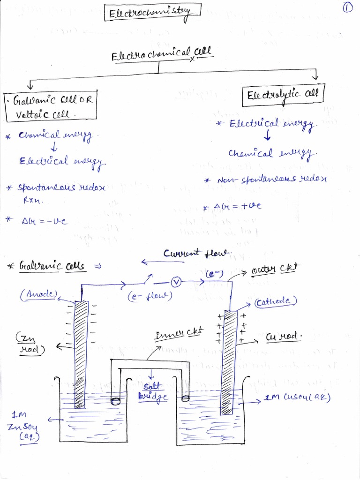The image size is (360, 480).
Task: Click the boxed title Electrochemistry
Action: pyautogui.click(x=152, y=13)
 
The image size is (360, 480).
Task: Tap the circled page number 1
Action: pyautogui.click(x=348, y=8)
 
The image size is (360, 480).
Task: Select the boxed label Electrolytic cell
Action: pyautogui.click(x=283, y=94)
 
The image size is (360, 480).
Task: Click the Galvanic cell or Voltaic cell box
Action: pyautogui.click(x=50, y=106)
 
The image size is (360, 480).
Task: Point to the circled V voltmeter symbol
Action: pyautogui.click(x=176, y=282)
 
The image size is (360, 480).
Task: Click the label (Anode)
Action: pyautogui.click(x=38, y=294)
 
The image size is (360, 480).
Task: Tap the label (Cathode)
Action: pyautogui.click(x=276, y=302)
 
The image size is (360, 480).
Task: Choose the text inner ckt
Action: pyautogui.click(x=179, y=333)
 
